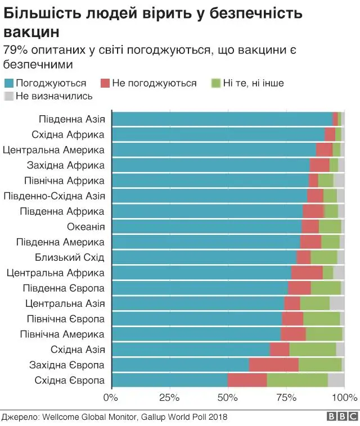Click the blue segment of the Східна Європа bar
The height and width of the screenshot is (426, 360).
tap(170, 380)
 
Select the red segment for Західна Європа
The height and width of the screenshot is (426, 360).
tap(273, 365)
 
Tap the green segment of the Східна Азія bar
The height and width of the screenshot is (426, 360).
tap(312, 350)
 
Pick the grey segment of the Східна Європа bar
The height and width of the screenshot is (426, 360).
tap(336, 380)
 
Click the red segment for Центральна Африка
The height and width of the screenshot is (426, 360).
tap(307, 273)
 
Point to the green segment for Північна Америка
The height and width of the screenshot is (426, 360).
tap(323, 334)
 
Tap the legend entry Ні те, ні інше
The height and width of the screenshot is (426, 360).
tap(253, 83)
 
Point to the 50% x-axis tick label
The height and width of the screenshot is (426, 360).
tap(227, 398)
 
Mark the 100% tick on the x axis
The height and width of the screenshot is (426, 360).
tap(343, 398)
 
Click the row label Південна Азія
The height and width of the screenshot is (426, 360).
tap(71, 119)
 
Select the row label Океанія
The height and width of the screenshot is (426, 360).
tap(85, 226)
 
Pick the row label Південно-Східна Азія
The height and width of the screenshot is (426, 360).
tap(54, 196)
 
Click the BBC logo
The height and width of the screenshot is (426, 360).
tap(343, 416)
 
